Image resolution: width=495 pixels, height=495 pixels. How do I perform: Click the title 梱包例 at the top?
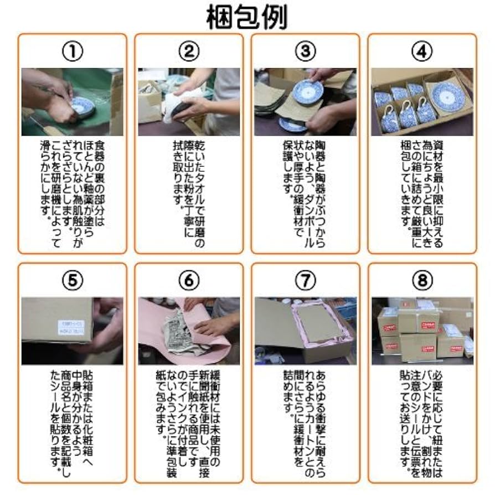(x=247, y=17)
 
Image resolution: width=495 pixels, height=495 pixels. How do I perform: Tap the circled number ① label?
(x=72, y=51)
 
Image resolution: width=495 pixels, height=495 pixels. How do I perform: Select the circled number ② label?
(x=189, y=51)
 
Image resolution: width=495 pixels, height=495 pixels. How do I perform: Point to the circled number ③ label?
(x=305, y=51)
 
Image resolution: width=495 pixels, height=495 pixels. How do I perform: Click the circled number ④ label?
(x=422, y=51)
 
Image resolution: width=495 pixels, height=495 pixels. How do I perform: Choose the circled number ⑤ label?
(x=72, y=281)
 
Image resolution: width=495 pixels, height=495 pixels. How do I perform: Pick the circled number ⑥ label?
(x=189, y=281)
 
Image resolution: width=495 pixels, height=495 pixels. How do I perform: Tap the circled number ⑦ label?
(x=305, y=281)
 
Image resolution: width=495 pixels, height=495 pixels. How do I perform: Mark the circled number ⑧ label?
(x=422, y=281)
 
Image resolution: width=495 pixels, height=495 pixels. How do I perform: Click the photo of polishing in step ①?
(x=72, y=102)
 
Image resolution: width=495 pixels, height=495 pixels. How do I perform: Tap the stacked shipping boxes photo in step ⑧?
(x=422, y=331)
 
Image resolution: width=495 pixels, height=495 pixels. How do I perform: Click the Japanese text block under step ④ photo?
(x=422, y=188)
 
